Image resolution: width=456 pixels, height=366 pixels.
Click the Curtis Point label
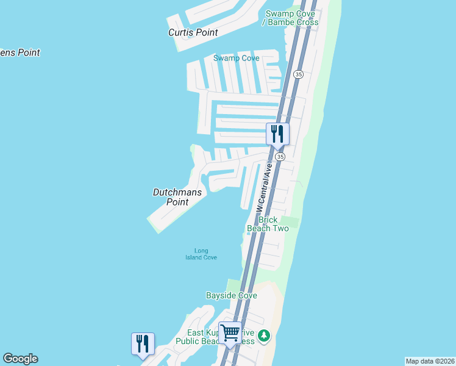(193, 32)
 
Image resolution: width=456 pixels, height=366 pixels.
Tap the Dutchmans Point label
(177, 196)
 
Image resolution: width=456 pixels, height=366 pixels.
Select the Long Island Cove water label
(201, 254)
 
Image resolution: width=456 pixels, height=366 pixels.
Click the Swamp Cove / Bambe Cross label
(290, 18)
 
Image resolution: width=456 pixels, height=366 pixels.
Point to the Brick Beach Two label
(268, 224)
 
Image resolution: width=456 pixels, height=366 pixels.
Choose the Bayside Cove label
(231, 295)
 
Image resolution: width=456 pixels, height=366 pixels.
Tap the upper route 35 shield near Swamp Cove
(298, 74)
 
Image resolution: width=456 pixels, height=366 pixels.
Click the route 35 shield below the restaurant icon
(280, 157)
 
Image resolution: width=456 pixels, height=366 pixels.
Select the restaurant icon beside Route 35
(277, 134)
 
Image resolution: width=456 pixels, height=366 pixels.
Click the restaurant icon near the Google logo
(143, 343)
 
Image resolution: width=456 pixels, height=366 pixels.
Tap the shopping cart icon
(230, 333)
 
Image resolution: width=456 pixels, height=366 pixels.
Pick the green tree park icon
(263, 335)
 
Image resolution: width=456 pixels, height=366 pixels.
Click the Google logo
(20, 359)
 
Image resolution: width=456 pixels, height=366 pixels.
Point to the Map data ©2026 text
(430, 361)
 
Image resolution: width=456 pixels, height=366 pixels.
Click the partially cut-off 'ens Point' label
(20, 52)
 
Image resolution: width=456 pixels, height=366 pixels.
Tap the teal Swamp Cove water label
(236, 58)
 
